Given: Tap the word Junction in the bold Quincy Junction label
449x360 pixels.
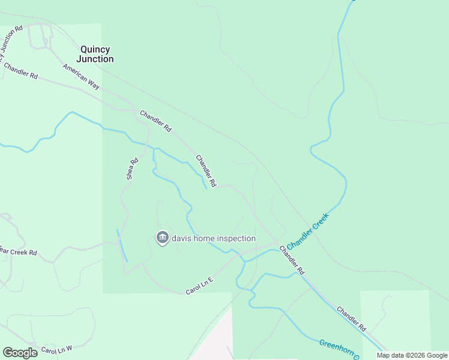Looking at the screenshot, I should tap(95, 59).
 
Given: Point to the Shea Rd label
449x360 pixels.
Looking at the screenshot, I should tap(132, 169).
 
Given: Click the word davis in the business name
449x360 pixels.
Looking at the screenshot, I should tap(184, 238).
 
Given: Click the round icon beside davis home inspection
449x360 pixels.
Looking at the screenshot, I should tap(162, 238).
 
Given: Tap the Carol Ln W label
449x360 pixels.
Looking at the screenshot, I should tap(56, 349).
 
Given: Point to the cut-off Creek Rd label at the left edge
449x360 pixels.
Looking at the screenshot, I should tap(18, 252).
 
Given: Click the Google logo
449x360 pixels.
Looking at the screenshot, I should tap(20, 352).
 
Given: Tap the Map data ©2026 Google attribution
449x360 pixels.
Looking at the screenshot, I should tap(412, 355).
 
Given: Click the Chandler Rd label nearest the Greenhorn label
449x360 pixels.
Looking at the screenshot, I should tap(351, 319).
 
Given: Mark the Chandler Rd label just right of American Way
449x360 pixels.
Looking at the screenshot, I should tap(155, 121).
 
